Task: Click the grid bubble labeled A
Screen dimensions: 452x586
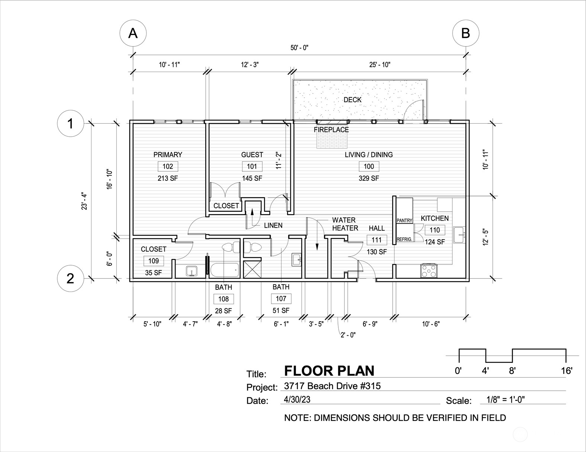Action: click(133, 33)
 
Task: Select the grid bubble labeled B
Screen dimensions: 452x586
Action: click(466, 33)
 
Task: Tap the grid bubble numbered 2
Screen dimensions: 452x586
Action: click(70, 278)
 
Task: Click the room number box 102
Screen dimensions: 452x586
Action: click(168, 166)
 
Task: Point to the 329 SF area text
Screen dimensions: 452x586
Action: click(368, 178)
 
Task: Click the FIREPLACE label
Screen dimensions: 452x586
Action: click(331, 130)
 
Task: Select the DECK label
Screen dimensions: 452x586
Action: click(352, 100)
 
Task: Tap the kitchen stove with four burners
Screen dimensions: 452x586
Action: click(429, 271)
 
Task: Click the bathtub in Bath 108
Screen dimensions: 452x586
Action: click(224, 270)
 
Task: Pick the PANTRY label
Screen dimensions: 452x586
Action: click(404, 220)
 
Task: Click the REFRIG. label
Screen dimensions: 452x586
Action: click(404, 239)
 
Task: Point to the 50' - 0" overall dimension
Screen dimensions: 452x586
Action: click(299, 48)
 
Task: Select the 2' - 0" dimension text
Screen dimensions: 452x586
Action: click(348, 335)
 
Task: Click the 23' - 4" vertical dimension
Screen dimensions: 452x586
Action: click(84, 201)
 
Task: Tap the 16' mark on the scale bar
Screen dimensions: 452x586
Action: click(566, 370)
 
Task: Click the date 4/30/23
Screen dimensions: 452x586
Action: click(297, 399)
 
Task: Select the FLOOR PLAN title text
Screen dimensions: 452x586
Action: click(329, 371)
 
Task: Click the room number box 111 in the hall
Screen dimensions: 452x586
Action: click(377, 240)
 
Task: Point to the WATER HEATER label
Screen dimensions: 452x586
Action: click(345, 224)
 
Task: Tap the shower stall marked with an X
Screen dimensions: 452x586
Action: click(252, 269)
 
